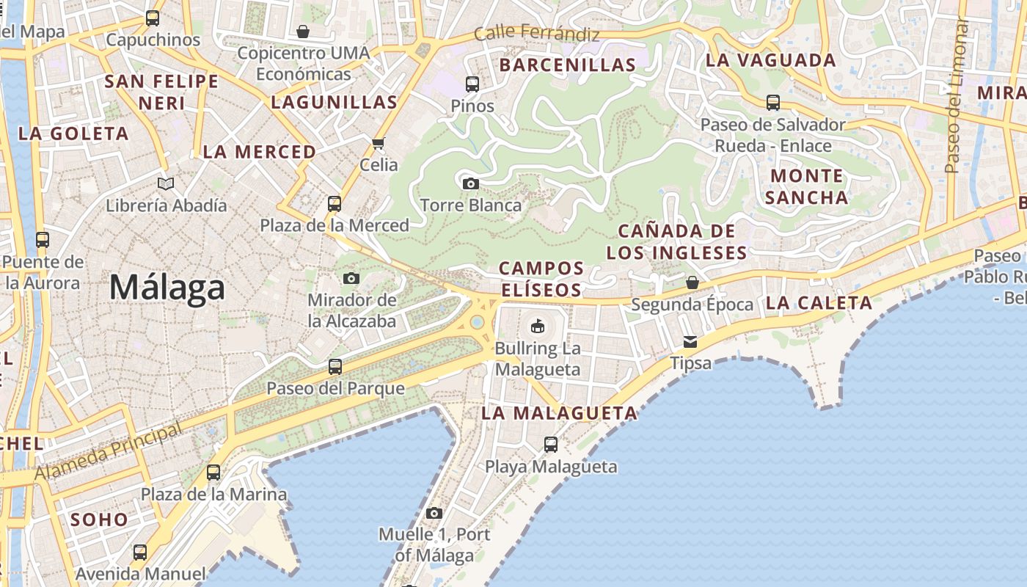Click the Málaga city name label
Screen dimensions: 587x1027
tap(167, 287)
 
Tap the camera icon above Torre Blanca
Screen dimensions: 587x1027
tap(471, 183)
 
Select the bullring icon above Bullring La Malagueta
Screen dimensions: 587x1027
tap(538, 325)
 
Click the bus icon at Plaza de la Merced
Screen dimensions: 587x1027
tap(335, 203)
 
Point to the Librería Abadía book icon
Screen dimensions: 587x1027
tap(167, 183)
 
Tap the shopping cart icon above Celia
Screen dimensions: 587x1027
tap(379, 143)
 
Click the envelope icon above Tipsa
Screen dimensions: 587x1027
tap(690, 341)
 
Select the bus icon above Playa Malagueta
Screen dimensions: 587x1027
tap(551, 444)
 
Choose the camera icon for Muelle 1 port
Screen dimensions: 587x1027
tap(434, 513)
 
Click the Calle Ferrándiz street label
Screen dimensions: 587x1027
tap(537, 34)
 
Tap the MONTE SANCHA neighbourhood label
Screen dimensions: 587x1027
tap(808, 186)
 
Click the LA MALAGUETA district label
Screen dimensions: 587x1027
tap(560, 413)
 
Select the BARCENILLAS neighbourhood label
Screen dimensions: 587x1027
tap(568, 65)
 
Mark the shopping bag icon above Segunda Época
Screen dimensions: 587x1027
tap(692, 282)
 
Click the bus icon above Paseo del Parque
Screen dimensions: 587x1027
tap(335, 366)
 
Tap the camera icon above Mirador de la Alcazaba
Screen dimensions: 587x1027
tap(351, 278)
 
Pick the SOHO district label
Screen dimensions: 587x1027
tap(99, 519)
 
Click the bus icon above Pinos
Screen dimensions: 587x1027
tap(472, 84)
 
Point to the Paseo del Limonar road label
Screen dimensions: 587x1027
tap(957, 95)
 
